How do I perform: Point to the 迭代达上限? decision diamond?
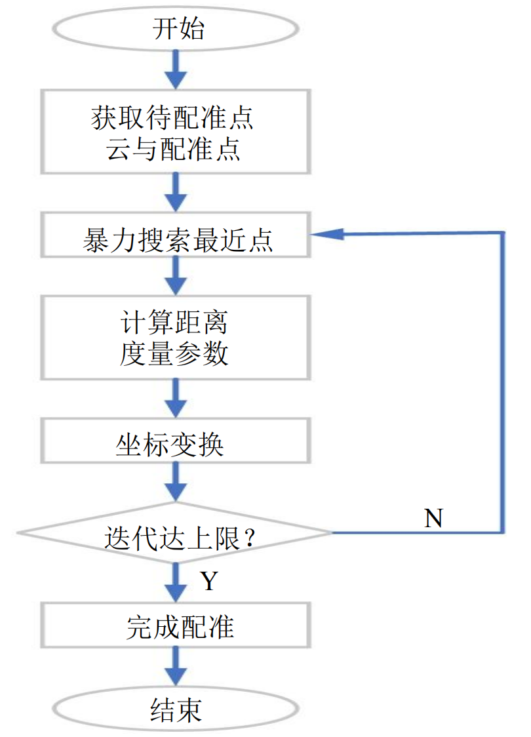pos(175,532)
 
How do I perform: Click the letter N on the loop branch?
pos(433,518)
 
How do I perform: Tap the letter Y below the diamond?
pos(208,580)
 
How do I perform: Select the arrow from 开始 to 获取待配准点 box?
pos(175,69)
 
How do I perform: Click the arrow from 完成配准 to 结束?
pos(175,666)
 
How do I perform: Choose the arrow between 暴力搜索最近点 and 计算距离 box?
pos(175,275)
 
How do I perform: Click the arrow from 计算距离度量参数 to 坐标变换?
pos(175,399)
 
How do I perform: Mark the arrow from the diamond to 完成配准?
pos(175,580)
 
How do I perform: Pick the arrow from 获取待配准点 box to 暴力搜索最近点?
pos(175,192)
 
